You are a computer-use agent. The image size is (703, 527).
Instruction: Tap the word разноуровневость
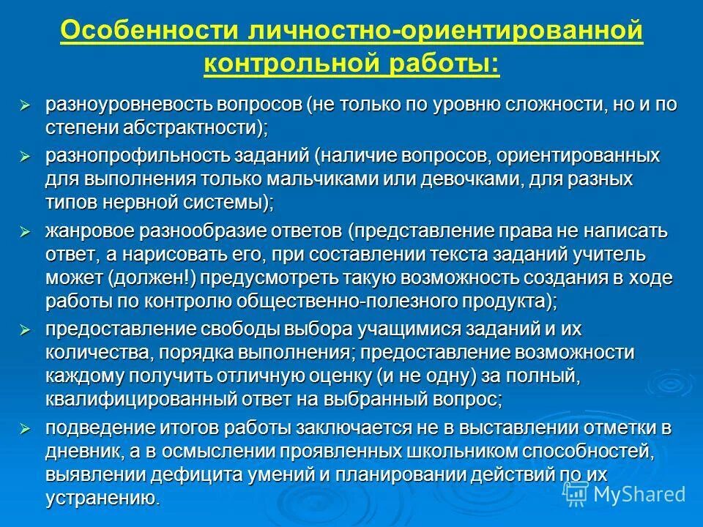126,104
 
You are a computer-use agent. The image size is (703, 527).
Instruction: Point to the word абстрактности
204,127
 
